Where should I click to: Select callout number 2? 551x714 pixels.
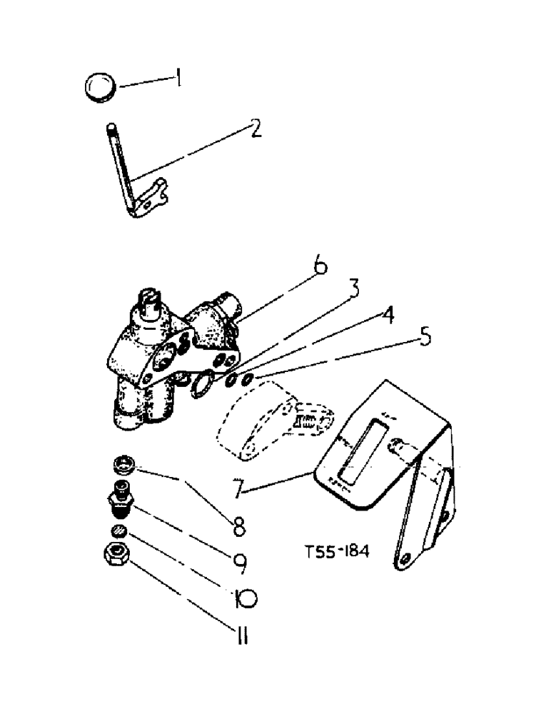click(255, 129)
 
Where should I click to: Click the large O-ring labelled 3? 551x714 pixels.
click(201, 385)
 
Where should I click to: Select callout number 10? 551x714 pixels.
click(242, 598)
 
